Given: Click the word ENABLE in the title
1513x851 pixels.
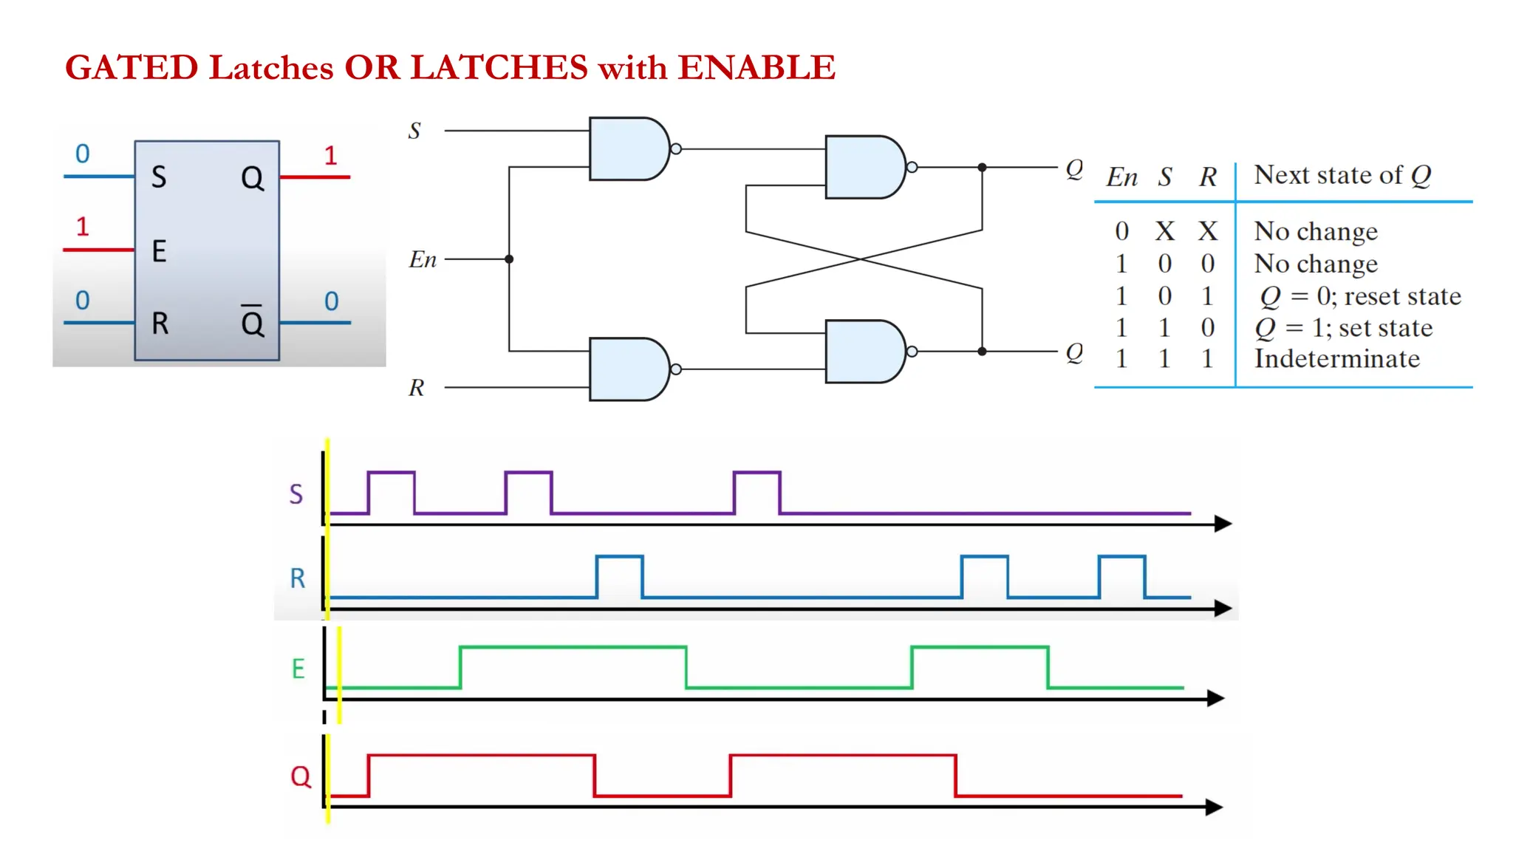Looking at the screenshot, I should point(756,67).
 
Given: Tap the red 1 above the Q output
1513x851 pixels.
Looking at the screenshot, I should point(330,155).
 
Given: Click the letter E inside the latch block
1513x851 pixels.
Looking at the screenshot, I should point(159,251).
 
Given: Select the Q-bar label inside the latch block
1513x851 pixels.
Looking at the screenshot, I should point(252,321).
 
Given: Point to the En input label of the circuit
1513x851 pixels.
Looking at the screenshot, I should point(423,259).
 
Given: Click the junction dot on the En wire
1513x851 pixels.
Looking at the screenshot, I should point(509,259).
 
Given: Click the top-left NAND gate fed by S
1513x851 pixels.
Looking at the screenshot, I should point(627,148).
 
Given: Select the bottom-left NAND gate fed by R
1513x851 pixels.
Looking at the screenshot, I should point(627,369).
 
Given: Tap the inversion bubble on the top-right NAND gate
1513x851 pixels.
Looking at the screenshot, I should point(912,167).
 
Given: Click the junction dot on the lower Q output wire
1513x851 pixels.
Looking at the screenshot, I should point(982,352).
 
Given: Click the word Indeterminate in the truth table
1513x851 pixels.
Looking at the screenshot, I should point(1336,359).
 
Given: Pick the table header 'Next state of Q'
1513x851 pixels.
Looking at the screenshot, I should point(1342,175).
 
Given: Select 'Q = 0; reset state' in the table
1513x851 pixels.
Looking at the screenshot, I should point(1360,296).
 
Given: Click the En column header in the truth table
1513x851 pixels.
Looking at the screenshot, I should point(1121,177).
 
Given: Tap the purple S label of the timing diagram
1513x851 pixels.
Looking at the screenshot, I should point(296,493).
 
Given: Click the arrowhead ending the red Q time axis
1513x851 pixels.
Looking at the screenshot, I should point(1214,807).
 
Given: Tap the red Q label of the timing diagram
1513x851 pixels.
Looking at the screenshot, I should point(301,776).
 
